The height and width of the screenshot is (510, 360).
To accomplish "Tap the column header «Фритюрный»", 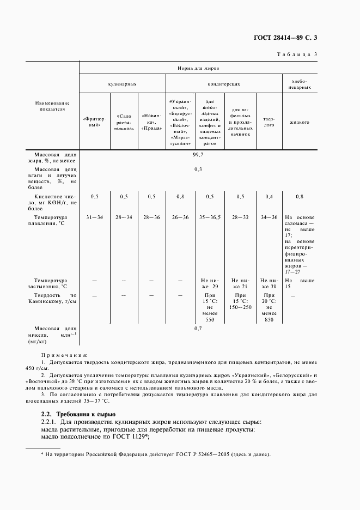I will point(95,122).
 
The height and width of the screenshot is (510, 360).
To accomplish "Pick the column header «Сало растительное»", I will point(124,122).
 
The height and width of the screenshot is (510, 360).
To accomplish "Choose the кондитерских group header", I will point(223,84).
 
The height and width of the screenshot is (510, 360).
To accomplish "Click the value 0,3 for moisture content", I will point(198,169).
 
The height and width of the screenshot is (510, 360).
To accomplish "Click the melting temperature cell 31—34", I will point(94,217).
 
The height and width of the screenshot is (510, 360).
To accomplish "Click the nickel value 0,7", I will point(198,329).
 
